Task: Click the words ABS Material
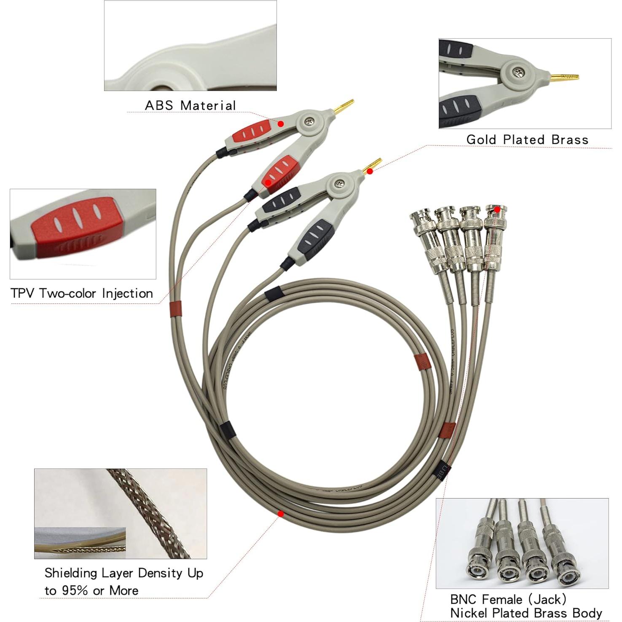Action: [190, 105]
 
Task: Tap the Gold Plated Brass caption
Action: [527, 139]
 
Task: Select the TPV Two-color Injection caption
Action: [82, 293]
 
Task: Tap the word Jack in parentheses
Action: [549, 599]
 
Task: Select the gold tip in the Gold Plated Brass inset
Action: [565, 78]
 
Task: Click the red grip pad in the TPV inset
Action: [76, 223]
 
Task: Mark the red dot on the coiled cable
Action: [280, 514]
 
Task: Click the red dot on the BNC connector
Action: [497, 209]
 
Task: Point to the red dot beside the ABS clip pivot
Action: [281, 123]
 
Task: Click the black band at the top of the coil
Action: [273, 293]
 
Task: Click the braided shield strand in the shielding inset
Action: [147, 506]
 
